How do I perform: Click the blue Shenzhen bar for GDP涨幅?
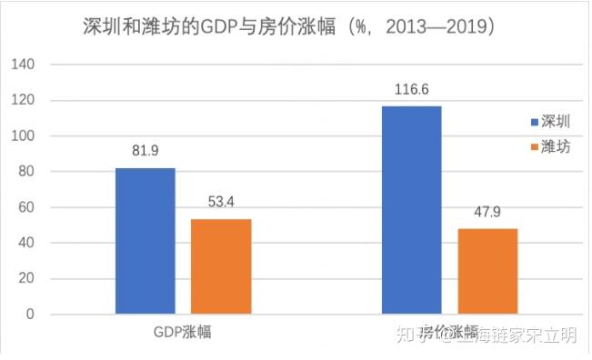pos(145,241)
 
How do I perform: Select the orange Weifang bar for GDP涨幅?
pos(221,266)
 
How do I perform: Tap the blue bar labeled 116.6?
pos(411,210)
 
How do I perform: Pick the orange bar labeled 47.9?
pos(487,271)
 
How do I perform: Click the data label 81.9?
pos(145,151)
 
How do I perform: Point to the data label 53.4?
pos(220,202)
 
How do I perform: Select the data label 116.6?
pos(411,89)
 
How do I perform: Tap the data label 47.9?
pos(487,211)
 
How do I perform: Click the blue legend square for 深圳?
pos(534,122)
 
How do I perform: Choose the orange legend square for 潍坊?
pos(534,147)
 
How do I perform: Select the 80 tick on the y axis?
pos(25,172)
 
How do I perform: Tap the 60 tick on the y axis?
pos(25,208)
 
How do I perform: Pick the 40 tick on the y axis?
pos(25,244)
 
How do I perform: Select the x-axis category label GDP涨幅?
pos(183,332)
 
